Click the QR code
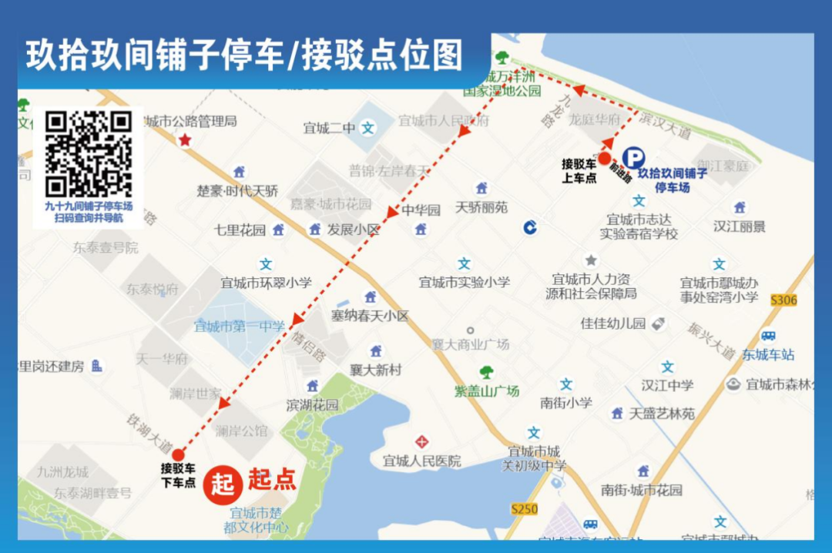[x=88, y=154]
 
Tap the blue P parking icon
[x=633, y=158]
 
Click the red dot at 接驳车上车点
[x=605, y=157]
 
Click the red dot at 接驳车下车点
[x=178, y=454]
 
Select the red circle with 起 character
[x=223, y=483]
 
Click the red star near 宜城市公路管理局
[x=185, y=140]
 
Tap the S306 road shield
[x=783, y=300]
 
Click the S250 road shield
[x=524, y=509]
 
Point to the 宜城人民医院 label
[x=422, y=461]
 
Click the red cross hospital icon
[x=421, y=442]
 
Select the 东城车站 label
[x=768, y=355]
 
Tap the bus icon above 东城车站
[x=768, y=336]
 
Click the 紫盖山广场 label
[x=486, y=391]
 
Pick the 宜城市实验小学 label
[x=464, y=283]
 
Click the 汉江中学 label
[x=667, y=385]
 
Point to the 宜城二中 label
[x=329, y=129]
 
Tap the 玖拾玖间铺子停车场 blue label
[x=672, y=180]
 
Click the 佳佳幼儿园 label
[x=613, y=323]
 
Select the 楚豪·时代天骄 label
[x=237, y=190]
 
